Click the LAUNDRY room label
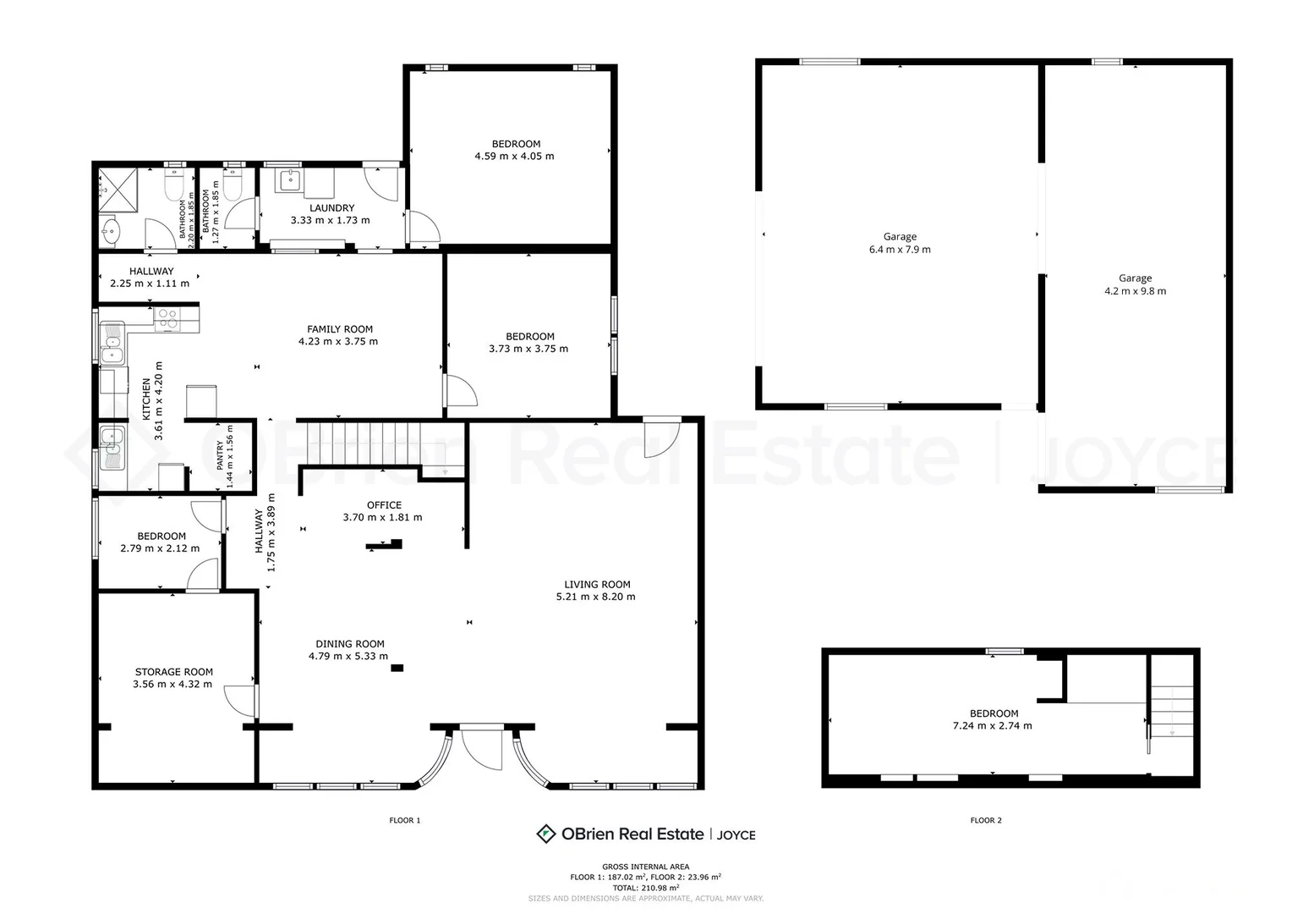click(331, 208)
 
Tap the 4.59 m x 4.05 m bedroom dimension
click(514, 157)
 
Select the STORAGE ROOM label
click(172, 672)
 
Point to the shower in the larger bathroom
click(112, 186)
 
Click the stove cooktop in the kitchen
click(167, 318)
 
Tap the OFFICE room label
click(384, 505)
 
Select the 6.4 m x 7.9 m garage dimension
click(900, 250)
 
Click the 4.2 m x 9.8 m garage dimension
click(1135, 291)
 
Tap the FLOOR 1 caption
click(404, 820)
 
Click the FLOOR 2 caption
click(986, 820)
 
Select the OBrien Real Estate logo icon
click(546, 834)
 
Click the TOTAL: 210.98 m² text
click(645, 888)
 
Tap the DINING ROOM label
click(350, 644)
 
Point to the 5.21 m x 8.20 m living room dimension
click(595, 597)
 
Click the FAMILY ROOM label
click(339, 329)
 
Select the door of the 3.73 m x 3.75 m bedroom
click(460, 392)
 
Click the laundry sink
click(290, 179)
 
